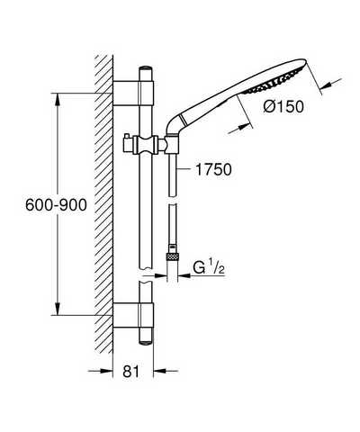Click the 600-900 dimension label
56,205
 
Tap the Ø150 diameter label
283,106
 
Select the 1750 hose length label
213,169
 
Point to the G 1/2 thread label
209,267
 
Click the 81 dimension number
131,372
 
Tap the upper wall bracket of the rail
133,94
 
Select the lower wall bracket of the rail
133,315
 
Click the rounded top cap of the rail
146,68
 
